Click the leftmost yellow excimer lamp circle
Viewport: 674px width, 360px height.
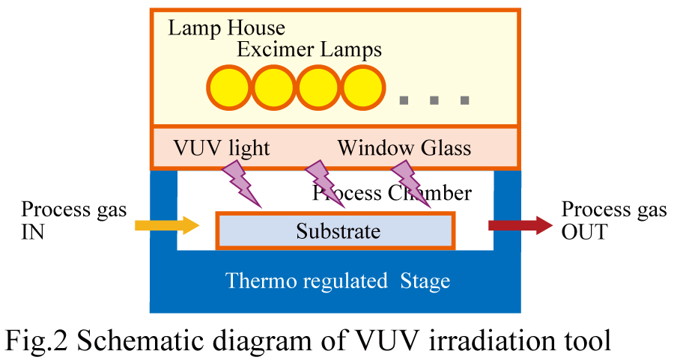pos(230,89)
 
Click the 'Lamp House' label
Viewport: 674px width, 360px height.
pos(226,28)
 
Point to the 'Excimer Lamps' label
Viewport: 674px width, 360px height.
pos(309,50)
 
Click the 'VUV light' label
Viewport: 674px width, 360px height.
pos(221,147)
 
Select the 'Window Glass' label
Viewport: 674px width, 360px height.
pos(404,147)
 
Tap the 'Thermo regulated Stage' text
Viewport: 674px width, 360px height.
pos(338,281)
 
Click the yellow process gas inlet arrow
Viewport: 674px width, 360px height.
pos(166,225)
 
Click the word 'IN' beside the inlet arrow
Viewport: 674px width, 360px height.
pos(32,232)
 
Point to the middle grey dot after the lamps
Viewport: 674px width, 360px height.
pos(434,100)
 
